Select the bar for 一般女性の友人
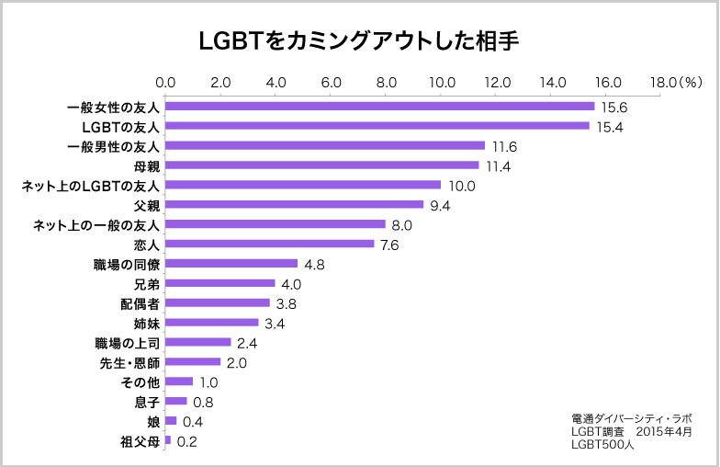[380, 107]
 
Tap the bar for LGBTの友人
[377, 126]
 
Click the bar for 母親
[322, 165]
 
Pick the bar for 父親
[295, 205]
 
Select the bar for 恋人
[270, 245]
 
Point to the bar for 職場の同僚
[231, 264]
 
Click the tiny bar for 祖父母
[168, 440]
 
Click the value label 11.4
[497, 166]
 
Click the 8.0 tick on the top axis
[387, 83]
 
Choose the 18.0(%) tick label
[675, 83]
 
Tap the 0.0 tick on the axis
[165, 83]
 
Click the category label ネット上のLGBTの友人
[91, 186]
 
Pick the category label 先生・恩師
[129, 362]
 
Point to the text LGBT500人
[602, 444]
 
